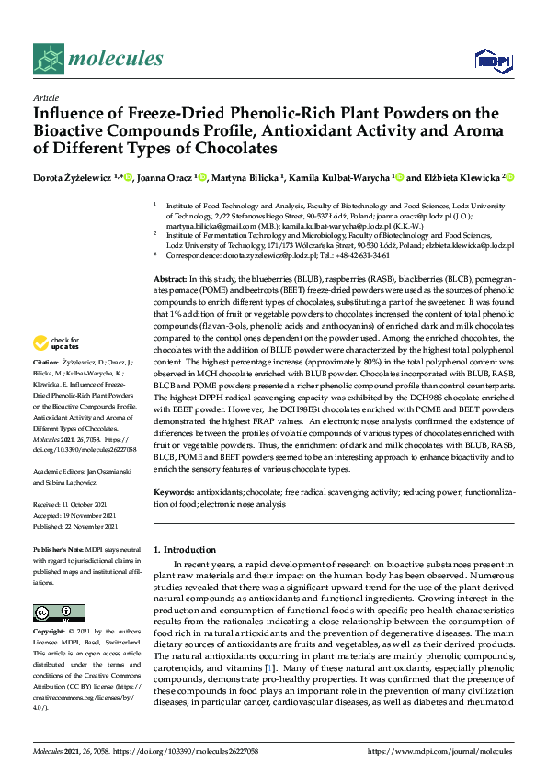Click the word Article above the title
tap(45, 97)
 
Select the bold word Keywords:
tap(174, 494)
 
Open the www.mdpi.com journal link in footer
tap(447, 751)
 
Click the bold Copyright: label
tap(51, 633)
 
